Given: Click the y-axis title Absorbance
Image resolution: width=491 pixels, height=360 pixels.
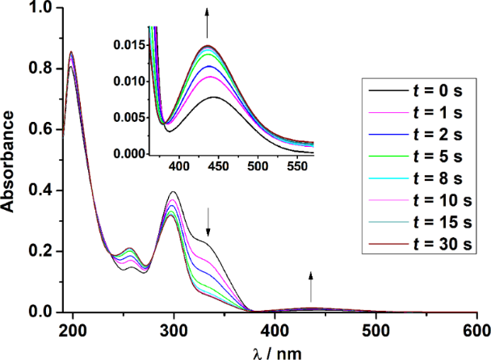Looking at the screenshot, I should [10, 161].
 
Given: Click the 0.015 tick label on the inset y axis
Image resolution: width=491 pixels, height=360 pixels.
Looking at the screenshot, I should [129, 45].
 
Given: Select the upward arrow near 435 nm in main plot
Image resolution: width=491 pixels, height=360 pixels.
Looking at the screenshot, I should [311, 287].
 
